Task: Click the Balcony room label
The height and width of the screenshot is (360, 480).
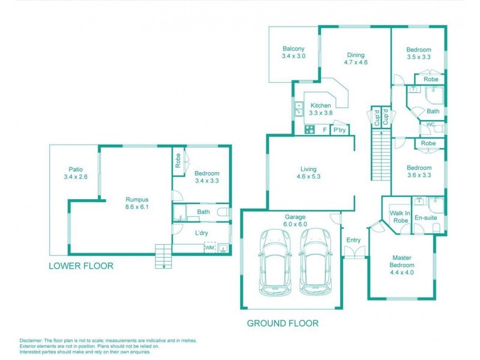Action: [293, 49]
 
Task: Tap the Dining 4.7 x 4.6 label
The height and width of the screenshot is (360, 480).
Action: [355, 58]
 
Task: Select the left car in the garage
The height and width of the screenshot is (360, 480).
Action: [275, 262]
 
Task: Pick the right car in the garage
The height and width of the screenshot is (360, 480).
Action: [316, 262]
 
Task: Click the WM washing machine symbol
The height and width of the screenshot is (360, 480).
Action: [209, 247]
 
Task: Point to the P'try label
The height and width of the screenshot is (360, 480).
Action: [340, 130]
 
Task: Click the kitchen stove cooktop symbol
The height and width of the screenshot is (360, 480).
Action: [310, 130]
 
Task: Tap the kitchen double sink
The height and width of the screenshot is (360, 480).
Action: [298, 109]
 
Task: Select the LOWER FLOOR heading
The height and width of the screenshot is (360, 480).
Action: [81, 266]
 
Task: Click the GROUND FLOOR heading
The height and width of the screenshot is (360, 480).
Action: [283, 323]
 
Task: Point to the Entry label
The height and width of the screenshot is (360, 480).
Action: [353, 241]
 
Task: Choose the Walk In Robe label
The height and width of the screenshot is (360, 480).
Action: [400, 217]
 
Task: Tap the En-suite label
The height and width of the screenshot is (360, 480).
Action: [425, 218]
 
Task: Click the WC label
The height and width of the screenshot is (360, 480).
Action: [430, 125]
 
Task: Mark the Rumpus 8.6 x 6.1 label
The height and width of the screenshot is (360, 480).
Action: [137, 203]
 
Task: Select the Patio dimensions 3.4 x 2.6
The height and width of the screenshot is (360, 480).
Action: [76, 176]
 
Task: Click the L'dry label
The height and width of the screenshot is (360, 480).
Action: [202, 233]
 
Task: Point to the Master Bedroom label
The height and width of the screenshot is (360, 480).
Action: [402, 262]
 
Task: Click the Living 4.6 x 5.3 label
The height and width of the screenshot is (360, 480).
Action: [308, 173]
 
